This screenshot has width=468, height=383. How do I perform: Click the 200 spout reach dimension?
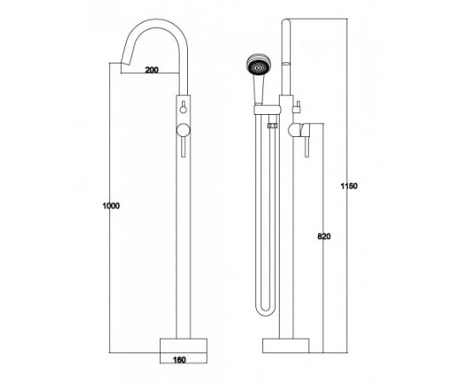tap(151, 70)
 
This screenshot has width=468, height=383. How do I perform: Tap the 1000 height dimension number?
tap(111, 206)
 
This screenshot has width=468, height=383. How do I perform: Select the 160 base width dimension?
tap(180, 360)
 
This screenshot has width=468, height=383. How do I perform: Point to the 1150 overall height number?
tap(349, 186)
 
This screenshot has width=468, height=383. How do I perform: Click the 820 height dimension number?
tap(324, 237)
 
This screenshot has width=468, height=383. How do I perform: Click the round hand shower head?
tap(259, 64)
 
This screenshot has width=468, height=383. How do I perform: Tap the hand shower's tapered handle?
tap(259, 89)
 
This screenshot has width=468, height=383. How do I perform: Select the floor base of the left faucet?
tap(184, 346)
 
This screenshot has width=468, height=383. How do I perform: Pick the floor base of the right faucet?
tap(286, 346)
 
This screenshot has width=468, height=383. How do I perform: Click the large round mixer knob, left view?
tap(183, 131)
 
